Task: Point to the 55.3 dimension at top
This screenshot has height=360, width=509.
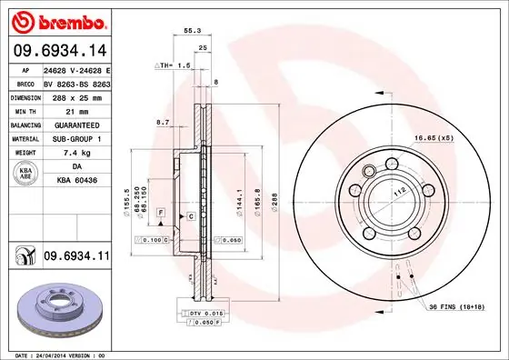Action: tap(192, 31)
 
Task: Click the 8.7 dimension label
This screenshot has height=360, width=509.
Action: tap(164, 122)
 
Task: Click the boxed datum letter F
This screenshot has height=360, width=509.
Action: tap(160, 211)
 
